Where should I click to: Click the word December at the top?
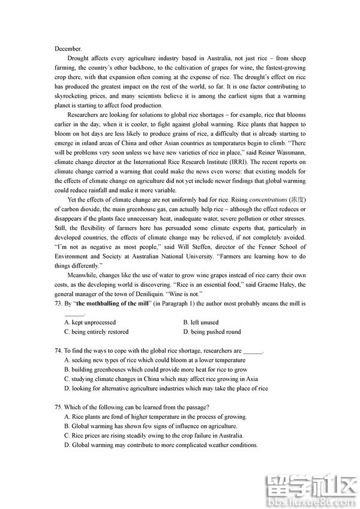(x=68, y=48)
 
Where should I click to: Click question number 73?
(x=58, y=304)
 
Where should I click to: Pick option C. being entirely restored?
(x=96, y=331)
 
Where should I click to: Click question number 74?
(x=58, y=351)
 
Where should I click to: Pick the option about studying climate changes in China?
(x=161, y=379)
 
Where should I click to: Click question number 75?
(x=58, y=407)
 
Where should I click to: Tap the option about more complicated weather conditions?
(x=161, y=445)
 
